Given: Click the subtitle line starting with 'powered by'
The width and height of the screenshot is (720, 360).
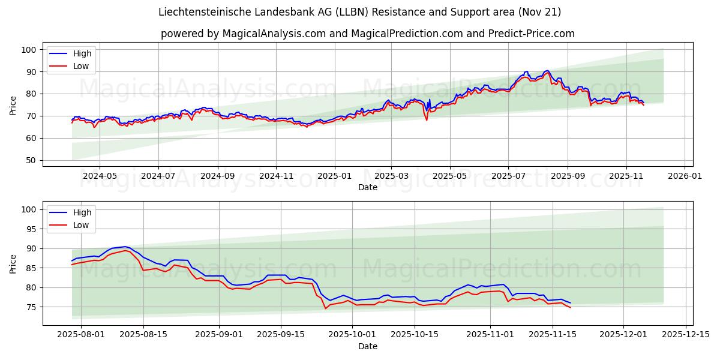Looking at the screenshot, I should [367, 34].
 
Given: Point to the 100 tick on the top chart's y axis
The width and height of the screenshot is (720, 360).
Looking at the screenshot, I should [29, 50].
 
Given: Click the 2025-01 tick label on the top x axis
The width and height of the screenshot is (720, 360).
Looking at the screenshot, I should [334, 176].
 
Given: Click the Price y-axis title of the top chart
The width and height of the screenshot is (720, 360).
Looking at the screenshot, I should [13, 104].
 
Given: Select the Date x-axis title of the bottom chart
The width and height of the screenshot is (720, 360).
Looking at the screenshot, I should [367, 347].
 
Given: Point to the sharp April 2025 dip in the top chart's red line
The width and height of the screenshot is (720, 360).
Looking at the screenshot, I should [427, 120].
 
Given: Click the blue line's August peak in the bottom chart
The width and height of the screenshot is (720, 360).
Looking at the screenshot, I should [125, 247].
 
